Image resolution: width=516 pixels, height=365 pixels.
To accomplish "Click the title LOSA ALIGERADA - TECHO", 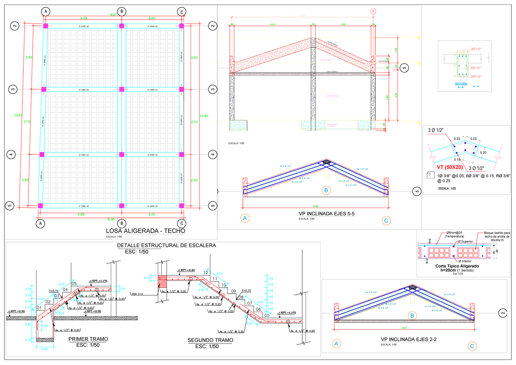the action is (x=145, y=231).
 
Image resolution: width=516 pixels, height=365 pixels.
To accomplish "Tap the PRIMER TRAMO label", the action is (x=88, y=339).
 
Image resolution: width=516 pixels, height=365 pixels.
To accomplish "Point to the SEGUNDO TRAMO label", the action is (x=211, y=340).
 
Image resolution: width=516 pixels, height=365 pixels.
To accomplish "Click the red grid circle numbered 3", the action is (x=373, y=11).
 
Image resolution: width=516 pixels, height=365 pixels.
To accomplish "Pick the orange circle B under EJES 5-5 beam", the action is (x=327, y=190).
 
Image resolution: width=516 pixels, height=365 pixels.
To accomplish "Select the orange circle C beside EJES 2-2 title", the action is (x=472, y=345).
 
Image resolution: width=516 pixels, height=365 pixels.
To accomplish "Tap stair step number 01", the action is (x=39, y=308).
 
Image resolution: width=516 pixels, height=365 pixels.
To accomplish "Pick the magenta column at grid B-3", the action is (x=121, y=89).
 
